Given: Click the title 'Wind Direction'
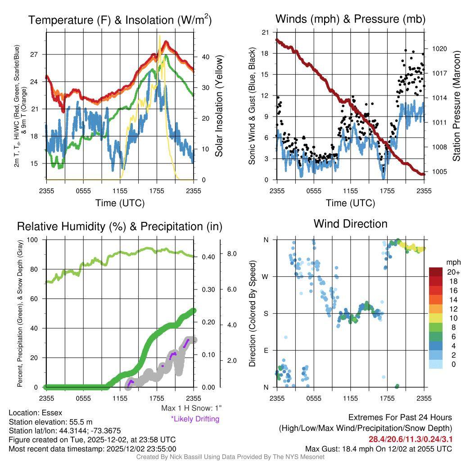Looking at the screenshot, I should [350, 224].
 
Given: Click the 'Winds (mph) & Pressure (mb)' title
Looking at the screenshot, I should [350, 19].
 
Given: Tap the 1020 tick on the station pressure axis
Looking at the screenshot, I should [438, 49].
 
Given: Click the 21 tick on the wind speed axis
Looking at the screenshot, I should [266, 32].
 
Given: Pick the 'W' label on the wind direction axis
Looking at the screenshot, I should [266, 276].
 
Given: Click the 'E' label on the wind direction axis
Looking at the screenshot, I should [266, 350].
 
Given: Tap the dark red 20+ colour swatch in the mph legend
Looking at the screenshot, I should [436, 272].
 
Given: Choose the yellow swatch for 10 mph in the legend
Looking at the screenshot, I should [436, 318].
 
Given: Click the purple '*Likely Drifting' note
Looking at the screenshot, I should [195, 419].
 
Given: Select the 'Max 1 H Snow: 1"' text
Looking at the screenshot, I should [191, 408].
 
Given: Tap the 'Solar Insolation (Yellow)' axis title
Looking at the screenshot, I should [219, 106].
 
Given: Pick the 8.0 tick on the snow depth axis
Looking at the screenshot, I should [232, 254].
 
